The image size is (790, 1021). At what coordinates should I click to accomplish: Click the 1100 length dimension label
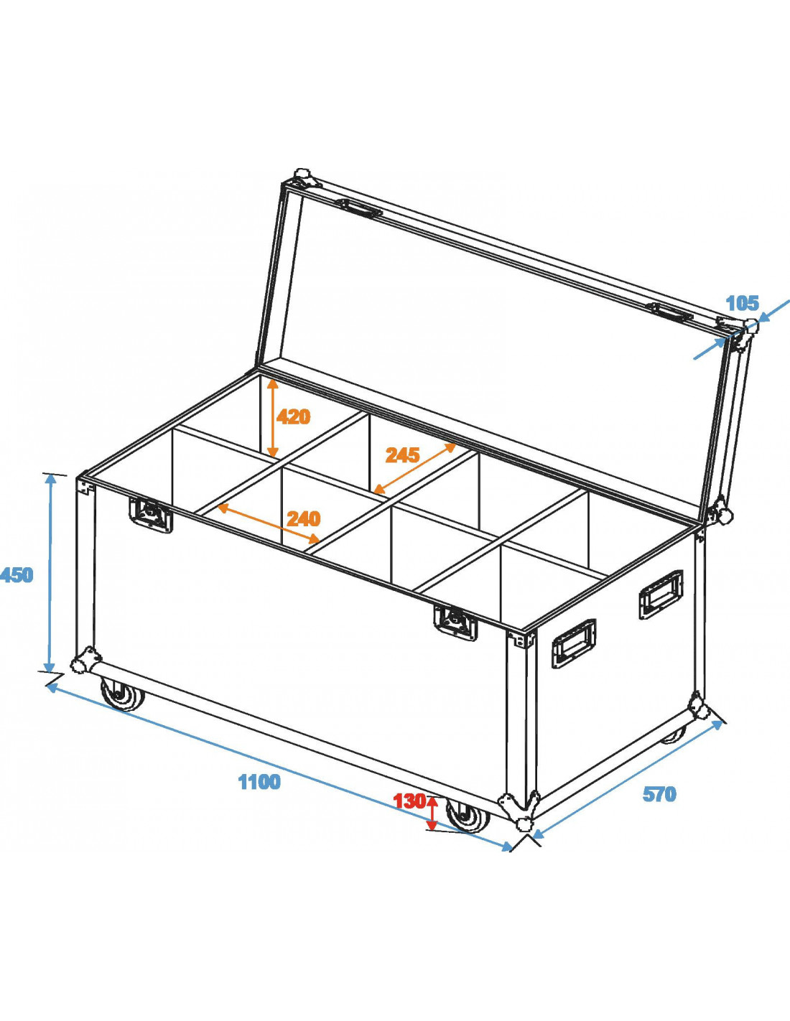[259, 782]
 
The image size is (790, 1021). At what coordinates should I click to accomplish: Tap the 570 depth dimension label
[659, 794]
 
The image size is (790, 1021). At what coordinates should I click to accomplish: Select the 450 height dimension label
[17, 575]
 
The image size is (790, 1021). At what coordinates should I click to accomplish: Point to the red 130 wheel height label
[409, 801]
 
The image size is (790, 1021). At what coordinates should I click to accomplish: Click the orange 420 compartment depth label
[294, 416]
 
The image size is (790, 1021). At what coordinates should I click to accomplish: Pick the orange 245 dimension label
[402, 455]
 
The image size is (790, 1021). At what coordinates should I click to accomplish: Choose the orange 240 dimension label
[303, 518]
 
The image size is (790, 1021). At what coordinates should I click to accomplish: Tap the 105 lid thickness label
[742, 304]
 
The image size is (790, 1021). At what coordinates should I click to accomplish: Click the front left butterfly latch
[151, 513]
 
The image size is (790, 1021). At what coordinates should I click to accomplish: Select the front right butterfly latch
[455, 621]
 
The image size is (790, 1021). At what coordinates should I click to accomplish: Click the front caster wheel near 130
[468, 816]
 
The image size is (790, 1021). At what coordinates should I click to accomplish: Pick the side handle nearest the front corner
[573, 643]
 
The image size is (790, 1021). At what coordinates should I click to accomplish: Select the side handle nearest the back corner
[661, 594]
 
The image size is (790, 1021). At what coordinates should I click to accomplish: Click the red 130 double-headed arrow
[432, 813]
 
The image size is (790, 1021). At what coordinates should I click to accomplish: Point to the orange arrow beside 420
[273, 418]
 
